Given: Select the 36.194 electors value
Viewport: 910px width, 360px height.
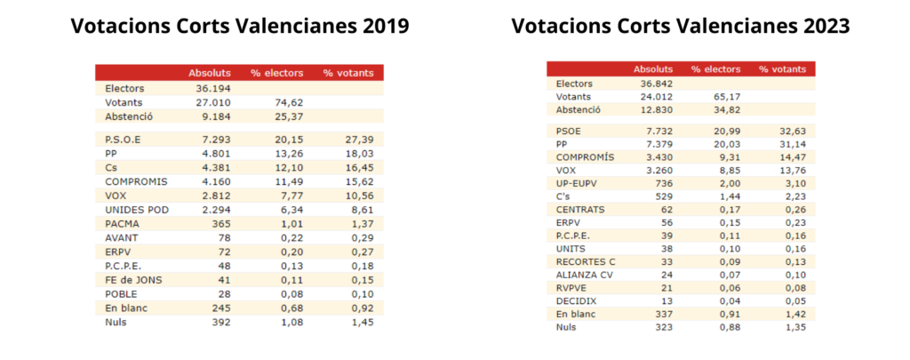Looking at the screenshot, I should tap(213, 88).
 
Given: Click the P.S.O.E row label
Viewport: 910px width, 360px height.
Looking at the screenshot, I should tap(123, 139).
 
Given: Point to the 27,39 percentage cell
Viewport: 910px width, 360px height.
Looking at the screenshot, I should tap(359, 139).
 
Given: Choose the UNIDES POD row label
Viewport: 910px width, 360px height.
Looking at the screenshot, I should tap(137, 209).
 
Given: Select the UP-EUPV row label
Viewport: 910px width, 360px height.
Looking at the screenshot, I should tap(578, 183).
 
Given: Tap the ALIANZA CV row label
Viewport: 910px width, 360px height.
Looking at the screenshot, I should tap(583, 275).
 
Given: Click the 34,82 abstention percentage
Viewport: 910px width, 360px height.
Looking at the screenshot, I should tap(721, 109).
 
